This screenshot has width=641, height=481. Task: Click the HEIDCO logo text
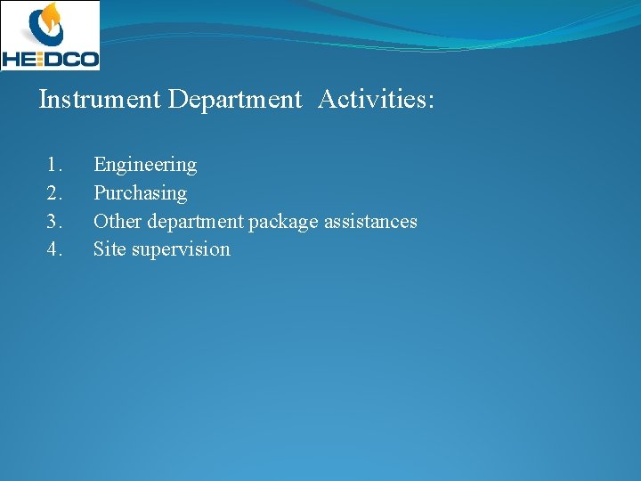click(x=50, y=58)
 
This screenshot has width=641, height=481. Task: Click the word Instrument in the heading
click(x=100, y=100)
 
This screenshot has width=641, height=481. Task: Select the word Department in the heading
click(x=235, y=100)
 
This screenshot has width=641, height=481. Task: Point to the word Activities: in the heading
click(x=376, y=100)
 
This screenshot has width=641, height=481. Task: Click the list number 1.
click(x=55, y=165)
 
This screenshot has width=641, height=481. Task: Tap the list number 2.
click(x=55, y=193)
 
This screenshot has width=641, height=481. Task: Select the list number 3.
click(x=55, y=222)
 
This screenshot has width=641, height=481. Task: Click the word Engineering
click(x=145, y=165)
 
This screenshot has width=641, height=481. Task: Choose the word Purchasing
click(x=140, y=193)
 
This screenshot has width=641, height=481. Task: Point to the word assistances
click(x=370, y=222)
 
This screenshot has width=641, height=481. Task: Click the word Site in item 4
click(x=110, y=249)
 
